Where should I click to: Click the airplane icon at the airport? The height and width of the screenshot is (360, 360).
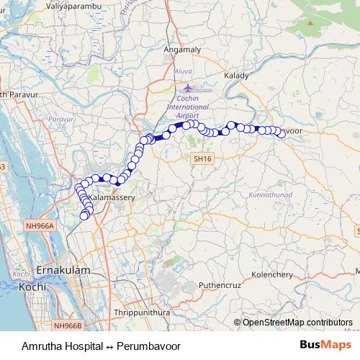189,88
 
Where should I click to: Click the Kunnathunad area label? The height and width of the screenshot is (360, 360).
269,195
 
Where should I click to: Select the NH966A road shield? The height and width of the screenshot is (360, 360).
42,225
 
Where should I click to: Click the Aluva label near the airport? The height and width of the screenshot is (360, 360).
184,72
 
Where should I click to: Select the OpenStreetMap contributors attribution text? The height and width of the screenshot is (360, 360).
297,323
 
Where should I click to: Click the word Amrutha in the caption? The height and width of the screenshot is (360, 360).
42,346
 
